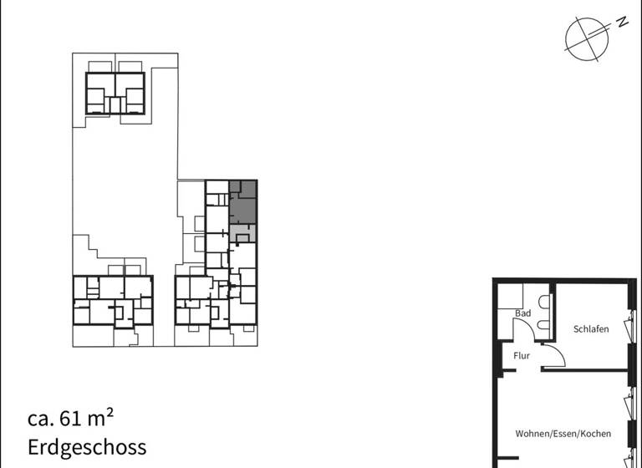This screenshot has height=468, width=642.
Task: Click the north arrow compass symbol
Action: [x=585, y=38]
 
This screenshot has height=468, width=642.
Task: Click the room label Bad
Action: [x=523, y=313]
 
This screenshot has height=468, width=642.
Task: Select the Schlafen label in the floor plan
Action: [x=591, y=329]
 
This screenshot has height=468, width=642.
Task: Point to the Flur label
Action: [x=522, y=356]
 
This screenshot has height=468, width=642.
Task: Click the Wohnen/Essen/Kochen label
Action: [x=563, y=434]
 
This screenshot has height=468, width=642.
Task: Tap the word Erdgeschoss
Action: [x=87, y=447]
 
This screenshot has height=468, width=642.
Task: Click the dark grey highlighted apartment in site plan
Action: [x=243, y=202]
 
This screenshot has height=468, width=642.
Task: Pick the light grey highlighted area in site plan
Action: [x=242, y=231]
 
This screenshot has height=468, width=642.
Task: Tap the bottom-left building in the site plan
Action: [x=113, y=300]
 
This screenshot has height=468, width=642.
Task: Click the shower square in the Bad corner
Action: [x=511, y=296]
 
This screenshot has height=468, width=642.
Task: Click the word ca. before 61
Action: [x=42, y=418]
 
